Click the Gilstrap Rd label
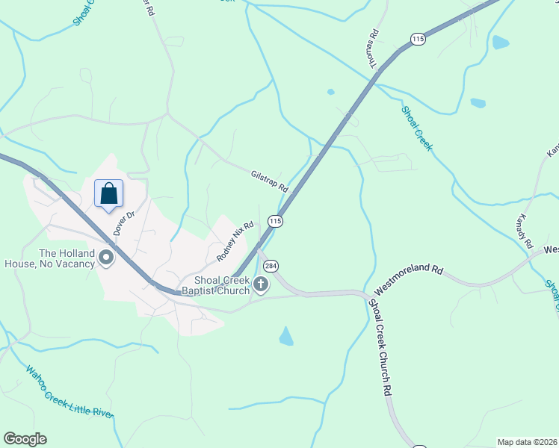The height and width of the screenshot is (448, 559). [269, 181]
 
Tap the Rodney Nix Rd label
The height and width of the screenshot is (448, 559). [235, 240]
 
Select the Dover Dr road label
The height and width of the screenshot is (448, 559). [123, 223]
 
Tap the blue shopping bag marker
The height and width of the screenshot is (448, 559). [108, 193]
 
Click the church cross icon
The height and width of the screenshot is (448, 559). [261, 284]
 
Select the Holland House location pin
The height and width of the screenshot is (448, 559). [106, 259]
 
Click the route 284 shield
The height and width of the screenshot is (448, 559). [271, 266]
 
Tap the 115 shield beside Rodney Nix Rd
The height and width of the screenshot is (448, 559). [275, 221]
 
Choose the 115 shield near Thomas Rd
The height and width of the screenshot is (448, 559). [418, 38]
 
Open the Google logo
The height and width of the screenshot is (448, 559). [25, 439]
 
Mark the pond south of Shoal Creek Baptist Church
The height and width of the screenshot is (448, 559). [286, 337]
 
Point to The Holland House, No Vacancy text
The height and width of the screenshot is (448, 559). [50, 258]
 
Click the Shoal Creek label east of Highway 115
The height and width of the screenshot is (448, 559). [416, 128]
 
